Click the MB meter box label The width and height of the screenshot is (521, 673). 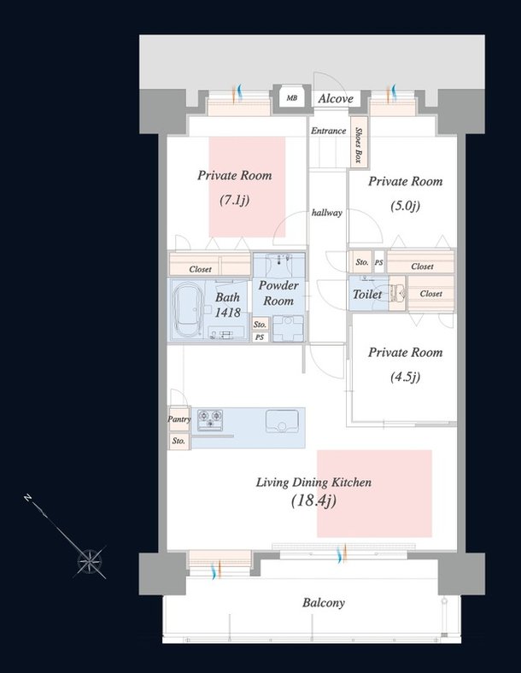292,98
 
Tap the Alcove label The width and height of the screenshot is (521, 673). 336,99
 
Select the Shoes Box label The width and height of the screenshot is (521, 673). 359,143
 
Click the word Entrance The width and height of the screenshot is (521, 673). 328,131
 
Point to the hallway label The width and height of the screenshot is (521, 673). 327,213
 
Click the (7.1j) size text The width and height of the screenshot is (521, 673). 233,201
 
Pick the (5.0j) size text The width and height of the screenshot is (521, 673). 405,205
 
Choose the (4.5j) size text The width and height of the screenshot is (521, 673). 405,377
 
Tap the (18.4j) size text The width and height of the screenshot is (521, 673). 313,500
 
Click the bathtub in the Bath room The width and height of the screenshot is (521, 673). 188,309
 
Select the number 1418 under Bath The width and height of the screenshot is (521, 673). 227,313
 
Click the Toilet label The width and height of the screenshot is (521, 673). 367,295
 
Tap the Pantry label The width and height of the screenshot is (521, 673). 179,419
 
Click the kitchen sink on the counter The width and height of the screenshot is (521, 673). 280,421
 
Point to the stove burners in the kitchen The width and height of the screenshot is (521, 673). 210,419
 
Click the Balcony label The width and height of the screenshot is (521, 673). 324,603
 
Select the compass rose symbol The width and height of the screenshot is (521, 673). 90,561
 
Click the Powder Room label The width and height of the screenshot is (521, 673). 278,293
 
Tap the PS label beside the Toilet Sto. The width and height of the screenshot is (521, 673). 378,262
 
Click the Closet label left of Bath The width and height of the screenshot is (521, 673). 200,269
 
